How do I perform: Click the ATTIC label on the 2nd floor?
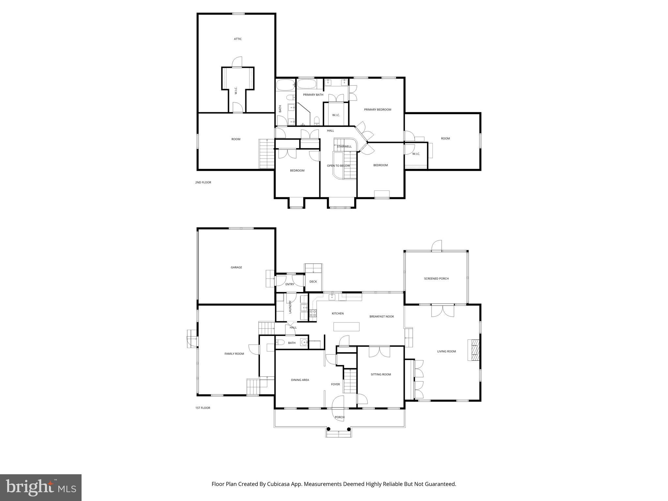[238, 39]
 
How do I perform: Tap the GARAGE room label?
[236, 267]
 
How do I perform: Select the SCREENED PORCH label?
[436, 279]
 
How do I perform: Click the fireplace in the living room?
[474, 350]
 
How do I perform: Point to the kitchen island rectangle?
[346, 326]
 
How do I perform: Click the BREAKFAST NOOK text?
[382, 316]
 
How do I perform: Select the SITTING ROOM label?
[381, 374]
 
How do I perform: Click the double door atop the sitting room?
[379, 352]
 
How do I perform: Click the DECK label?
[313, 281]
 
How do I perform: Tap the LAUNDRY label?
[290, 307]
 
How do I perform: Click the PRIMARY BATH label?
[313, 95]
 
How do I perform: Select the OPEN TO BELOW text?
[338, 166]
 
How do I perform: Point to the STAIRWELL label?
[344, 146]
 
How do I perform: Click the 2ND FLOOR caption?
[203, 182]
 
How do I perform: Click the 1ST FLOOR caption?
[203, 408]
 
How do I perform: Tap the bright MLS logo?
[41, 487]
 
